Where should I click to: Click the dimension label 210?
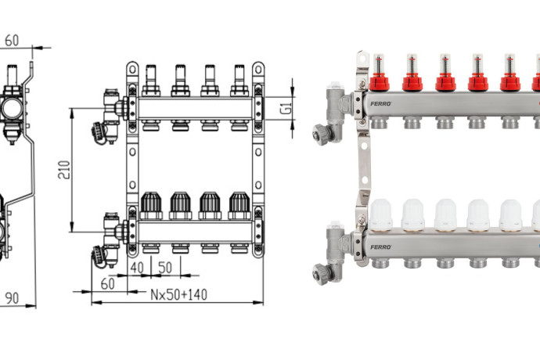pyautogui.click(x=64, y=170)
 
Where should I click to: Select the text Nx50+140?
pyautogui.click(x=178, y=294)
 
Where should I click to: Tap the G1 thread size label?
pyautogui.click(x=286, y=108)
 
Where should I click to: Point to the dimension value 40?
pyautogui.click(x=137, y=268)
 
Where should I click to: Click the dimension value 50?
pyautogui.click(x=165, y=268)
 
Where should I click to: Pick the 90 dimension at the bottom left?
pyautogui.click(x=12, y=298)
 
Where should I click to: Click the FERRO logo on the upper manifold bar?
pyautogui.click(x=381, y=103)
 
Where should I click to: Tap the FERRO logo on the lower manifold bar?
pyautogui.click(x=381, y=247)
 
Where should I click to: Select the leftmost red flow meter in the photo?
pyautogui.click(x=379, y=72)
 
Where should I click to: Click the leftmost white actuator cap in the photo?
pyautogui.click(x=380, y=215)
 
